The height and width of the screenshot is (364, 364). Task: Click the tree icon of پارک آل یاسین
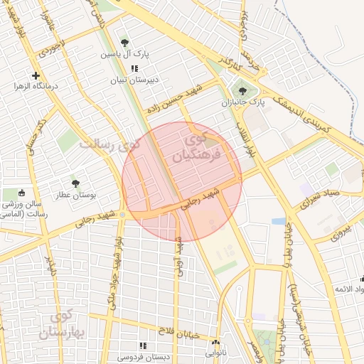click(125, 43)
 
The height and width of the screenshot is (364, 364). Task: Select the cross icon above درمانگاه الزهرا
click(36, 75)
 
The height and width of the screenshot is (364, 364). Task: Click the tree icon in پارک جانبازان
click(242, 91)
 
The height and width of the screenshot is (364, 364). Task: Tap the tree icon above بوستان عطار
click(75, 183)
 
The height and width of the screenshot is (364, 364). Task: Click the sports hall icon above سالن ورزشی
click(21, 192)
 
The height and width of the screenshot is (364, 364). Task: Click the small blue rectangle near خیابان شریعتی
click(279, 221)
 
